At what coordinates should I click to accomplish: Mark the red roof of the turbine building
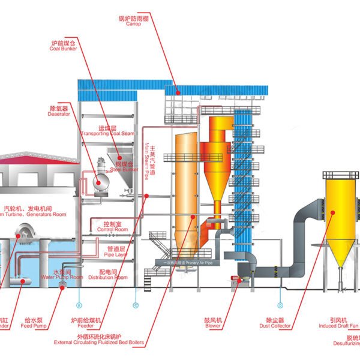(36, 157)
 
